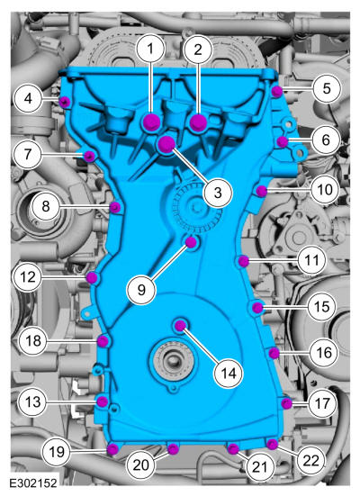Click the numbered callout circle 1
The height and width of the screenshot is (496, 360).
[x=150, y=49]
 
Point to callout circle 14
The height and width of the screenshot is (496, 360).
[x=229, y=374]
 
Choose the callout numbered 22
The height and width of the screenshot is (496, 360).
[x=311, y=461]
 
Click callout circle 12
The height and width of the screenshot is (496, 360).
[x=28, y=277]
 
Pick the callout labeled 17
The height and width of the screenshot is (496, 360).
[x=323, y=403]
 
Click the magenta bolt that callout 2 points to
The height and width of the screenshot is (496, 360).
[x=198, y=122]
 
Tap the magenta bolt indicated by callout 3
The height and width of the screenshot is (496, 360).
[x=166, y=144]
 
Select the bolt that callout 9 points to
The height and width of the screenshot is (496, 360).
[x=191, y=242]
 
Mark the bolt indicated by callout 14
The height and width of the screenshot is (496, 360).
[x=180, y=326]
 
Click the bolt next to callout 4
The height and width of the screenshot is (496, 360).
[x=65, y=102]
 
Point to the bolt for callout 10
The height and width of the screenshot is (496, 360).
[x=261, y=191]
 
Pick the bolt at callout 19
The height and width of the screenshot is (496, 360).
[x=112, y=449]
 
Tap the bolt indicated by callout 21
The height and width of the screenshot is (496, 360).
[x=233, y=448]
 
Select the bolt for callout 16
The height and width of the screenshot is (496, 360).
[x=274, y=353]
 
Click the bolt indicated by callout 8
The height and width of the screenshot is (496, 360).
[x=115, y=208]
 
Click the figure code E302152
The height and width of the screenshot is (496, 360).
[x=33, y=483]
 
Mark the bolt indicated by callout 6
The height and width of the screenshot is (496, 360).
[x=283, y=142]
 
